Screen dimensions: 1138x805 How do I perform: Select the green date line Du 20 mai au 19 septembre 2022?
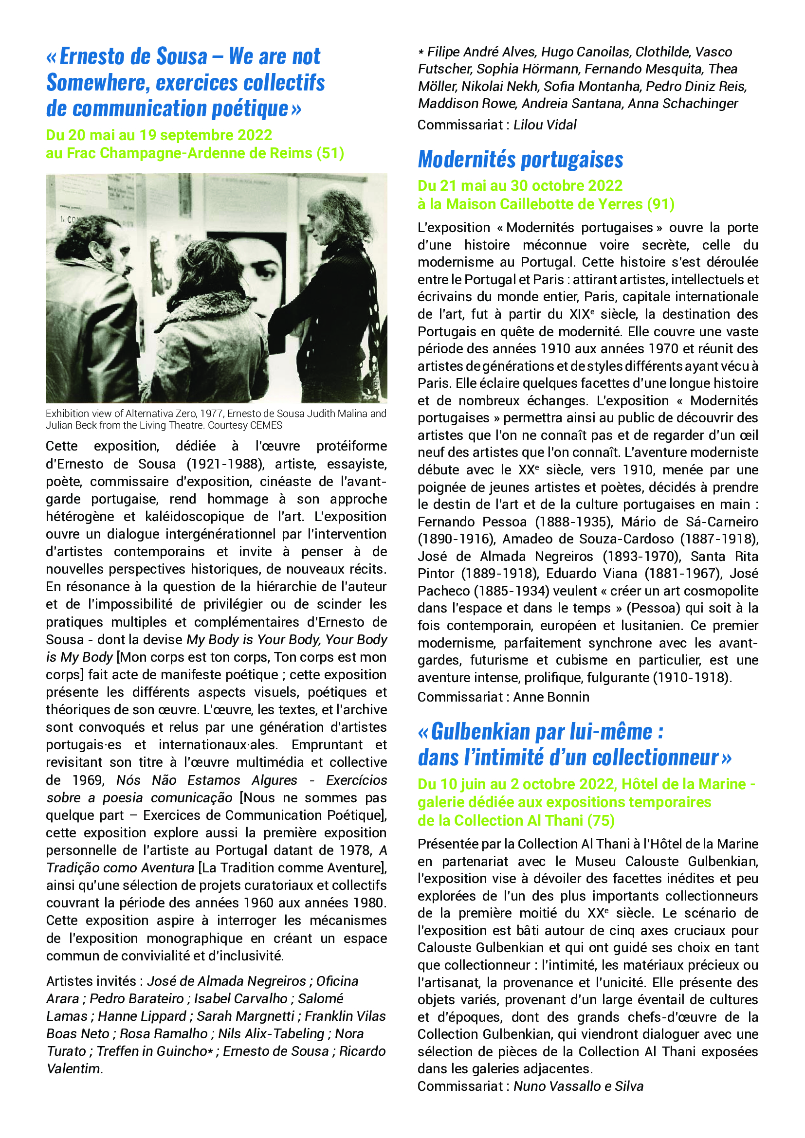(159, 135)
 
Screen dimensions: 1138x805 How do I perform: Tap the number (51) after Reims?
(330, 153)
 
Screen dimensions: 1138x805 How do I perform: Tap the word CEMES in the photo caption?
(266, 425)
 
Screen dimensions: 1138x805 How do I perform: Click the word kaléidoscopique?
(194, 517)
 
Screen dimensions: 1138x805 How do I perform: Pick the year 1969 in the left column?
(88, 780)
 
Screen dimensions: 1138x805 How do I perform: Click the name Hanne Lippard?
(142, 1016)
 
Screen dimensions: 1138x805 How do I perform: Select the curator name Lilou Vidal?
(545, 125)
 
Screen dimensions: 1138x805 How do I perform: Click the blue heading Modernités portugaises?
(520, 160)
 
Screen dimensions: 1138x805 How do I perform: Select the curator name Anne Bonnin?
(551, 697)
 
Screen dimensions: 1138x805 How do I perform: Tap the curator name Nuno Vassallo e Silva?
(578, 1086)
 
